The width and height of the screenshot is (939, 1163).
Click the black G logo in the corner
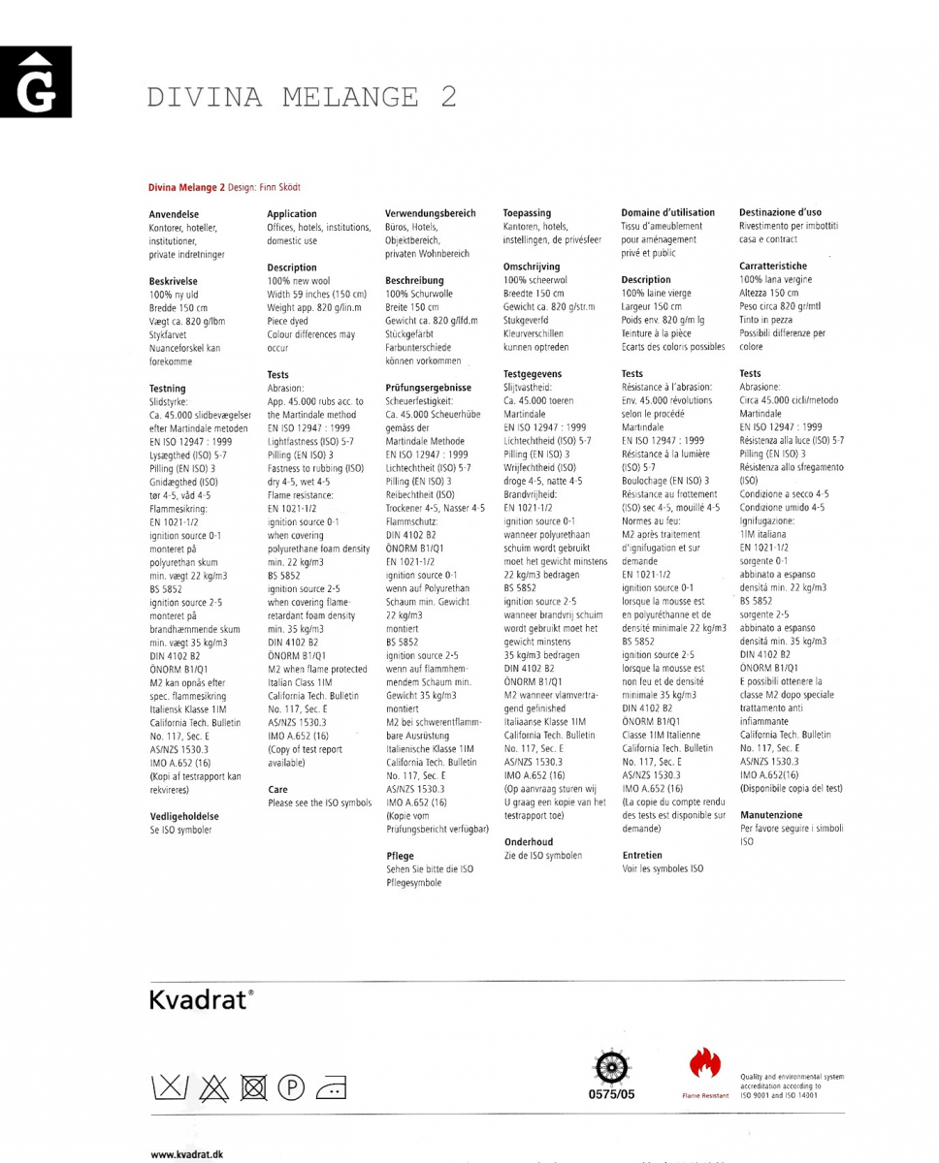tap(35, 82)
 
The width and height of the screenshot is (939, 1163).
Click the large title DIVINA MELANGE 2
tap(302, 97)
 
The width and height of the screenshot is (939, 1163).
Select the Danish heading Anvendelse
tap(175, 214)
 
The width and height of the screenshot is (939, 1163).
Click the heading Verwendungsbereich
tap(431, 213)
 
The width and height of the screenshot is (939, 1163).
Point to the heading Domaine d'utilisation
tap(667, 212)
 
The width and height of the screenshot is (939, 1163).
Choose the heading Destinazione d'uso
tap(780, 212)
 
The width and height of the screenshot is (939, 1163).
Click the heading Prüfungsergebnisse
tap(429, 388)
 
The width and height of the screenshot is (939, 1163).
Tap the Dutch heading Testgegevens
tap(533, 373)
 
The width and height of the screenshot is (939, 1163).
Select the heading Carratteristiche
tap(773, 266)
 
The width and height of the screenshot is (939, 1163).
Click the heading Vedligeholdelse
tap(183, 816)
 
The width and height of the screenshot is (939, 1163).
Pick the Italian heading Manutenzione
tap(771, 815)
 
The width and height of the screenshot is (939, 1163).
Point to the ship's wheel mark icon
tap(611, 1066)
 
